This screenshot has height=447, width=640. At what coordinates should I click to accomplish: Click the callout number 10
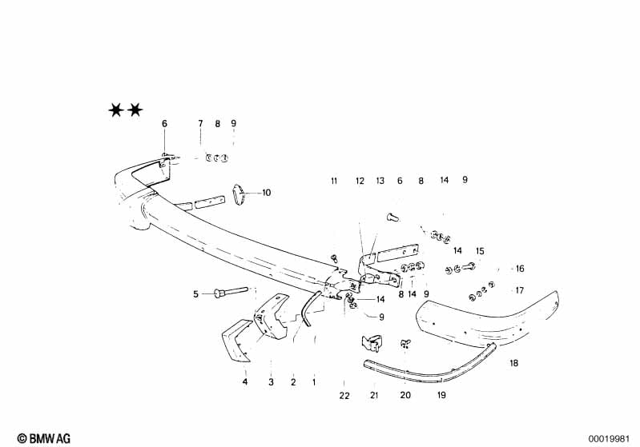[266, 193]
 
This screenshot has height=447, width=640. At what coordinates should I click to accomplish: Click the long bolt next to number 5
[231, 292]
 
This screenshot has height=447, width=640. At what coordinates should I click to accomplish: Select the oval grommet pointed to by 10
[239, 195]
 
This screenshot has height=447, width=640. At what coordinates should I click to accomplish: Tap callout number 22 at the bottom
[344, 395]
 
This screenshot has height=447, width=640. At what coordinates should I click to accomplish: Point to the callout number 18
[514, 363]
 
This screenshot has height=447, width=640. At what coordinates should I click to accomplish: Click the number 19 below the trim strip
[441, 395]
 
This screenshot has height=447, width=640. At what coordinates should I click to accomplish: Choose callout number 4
[245, 381]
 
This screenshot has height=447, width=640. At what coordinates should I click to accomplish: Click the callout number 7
[200, 123]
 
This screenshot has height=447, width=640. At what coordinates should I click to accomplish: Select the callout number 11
[334, 181]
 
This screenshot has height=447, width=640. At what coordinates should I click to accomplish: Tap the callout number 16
[520, 269]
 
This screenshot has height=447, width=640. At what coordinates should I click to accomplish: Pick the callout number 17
[520, 290]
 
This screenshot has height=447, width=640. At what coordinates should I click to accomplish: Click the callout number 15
[480, 251]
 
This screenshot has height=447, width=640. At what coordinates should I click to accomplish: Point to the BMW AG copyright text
[44, 438]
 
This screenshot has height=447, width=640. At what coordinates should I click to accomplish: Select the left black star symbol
[116, 110]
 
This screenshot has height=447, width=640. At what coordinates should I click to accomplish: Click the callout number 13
[380, 181]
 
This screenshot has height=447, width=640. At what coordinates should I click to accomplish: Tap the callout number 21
[374, 395]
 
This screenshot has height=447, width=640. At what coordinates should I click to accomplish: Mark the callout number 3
[271, 382]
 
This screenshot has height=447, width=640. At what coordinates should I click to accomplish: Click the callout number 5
[196, 293]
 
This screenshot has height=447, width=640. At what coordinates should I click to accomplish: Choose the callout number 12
[360, 181]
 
